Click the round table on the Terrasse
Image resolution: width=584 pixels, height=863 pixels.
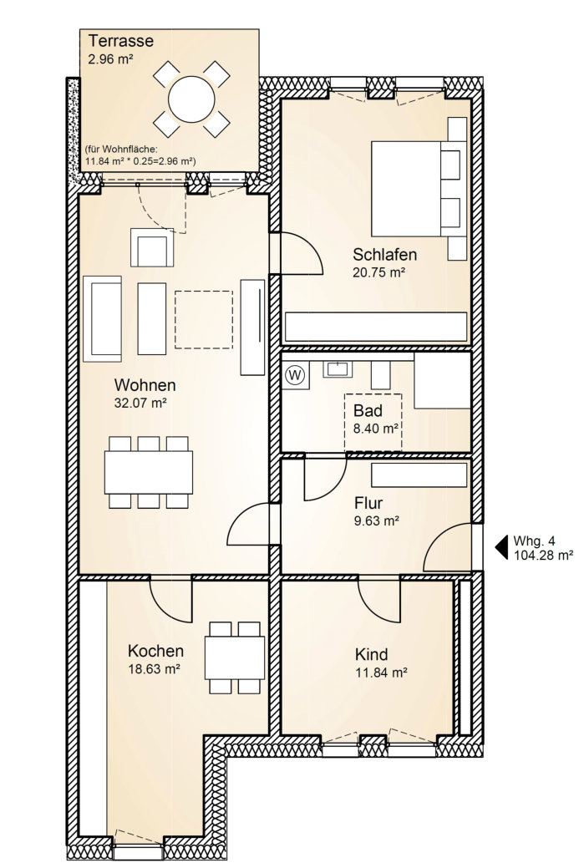pyautogui.click(x=191, y=100)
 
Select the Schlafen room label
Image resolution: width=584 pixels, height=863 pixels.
pyautogui.click(x=385, y=255)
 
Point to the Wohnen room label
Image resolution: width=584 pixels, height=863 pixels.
pyautogui.click(x=145, y=384)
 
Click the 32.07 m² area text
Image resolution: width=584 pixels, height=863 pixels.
pyautogui.click(x=140, y=403)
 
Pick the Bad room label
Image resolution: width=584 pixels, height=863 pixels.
pyautogui.click(x=368, y=410)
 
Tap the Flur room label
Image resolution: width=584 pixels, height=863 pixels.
pyautogui.click(x=368, y=502)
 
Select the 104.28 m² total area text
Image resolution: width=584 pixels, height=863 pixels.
pyautogui.click(x=543, y=555)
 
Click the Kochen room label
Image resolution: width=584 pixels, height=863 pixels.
pyautogui.click(x=155, y=651)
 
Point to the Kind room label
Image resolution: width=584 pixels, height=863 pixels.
pyautogui.click(x=372, y=654)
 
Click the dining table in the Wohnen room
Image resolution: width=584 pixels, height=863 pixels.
pyautogui.click(x=149, y=472)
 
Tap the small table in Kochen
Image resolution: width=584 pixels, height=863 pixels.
pyautogui.click(x=235, y=657)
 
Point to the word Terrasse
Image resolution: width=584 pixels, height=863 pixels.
pyautogui.click(x=121, y=41)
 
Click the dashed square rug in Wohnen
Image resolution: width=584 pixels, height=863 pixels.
pyautogui.click(x=204, y=319)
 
